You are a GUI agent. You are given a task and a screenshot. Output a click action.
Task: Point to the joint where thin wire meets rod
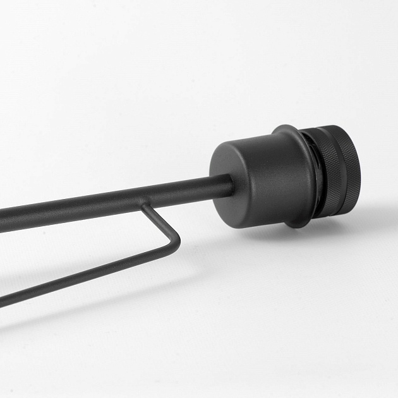[147, 206]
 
